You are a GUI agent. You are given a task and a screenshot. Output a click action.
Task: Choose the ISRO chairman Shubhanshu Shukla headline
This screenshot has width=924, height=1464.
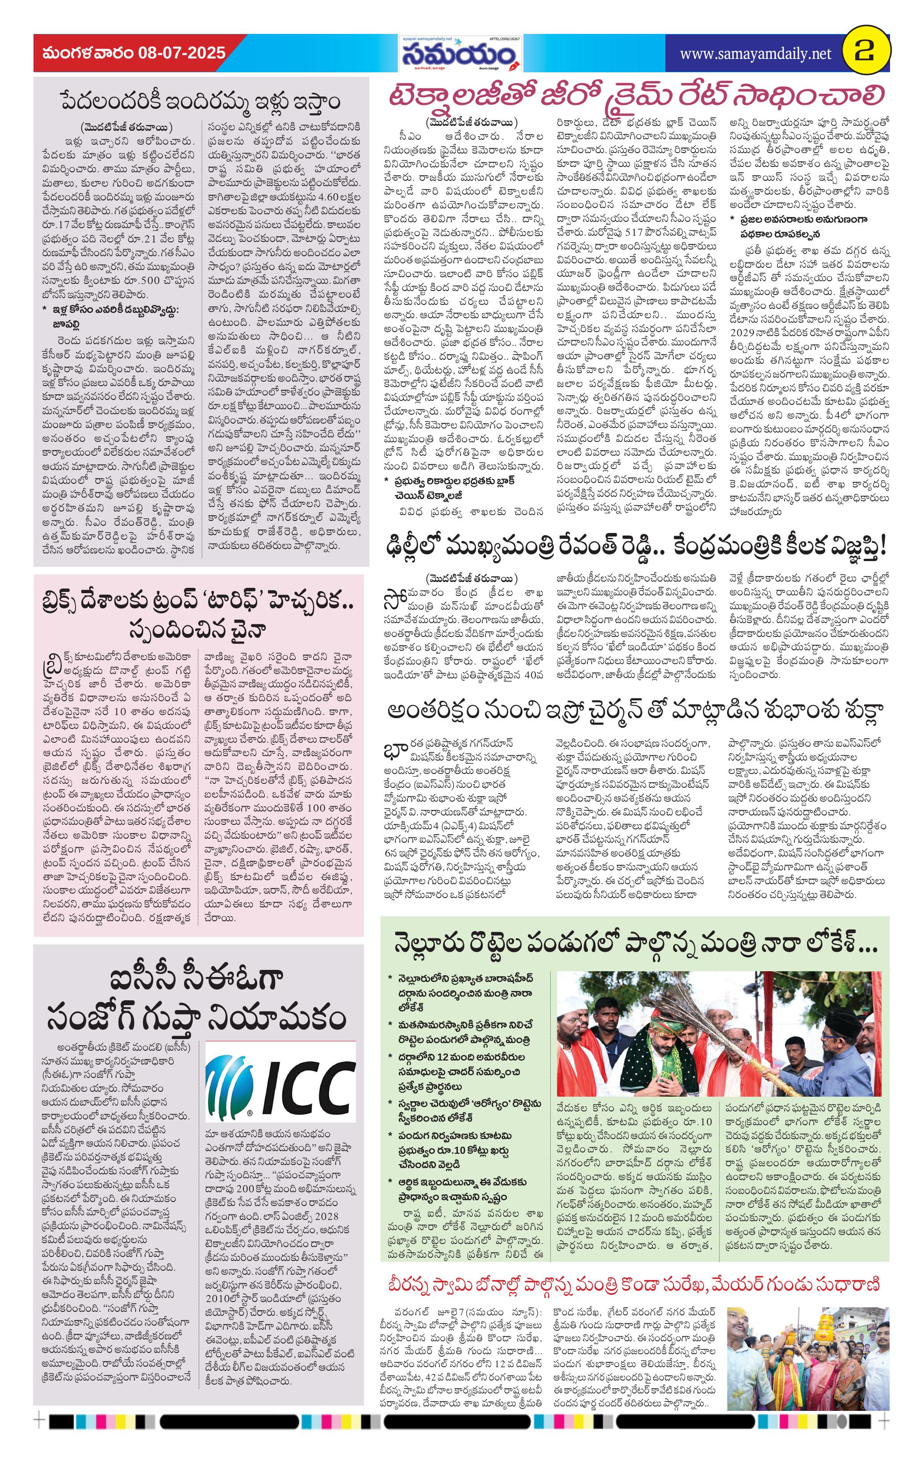(635, 711)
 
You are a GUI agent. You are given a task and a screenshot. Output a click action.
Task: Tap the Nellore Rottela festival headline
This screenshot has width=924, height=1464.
(635, 946)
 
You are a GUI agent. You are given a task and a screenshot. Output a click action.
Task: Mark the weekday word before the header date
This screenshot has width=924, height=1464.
(89, 53)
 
